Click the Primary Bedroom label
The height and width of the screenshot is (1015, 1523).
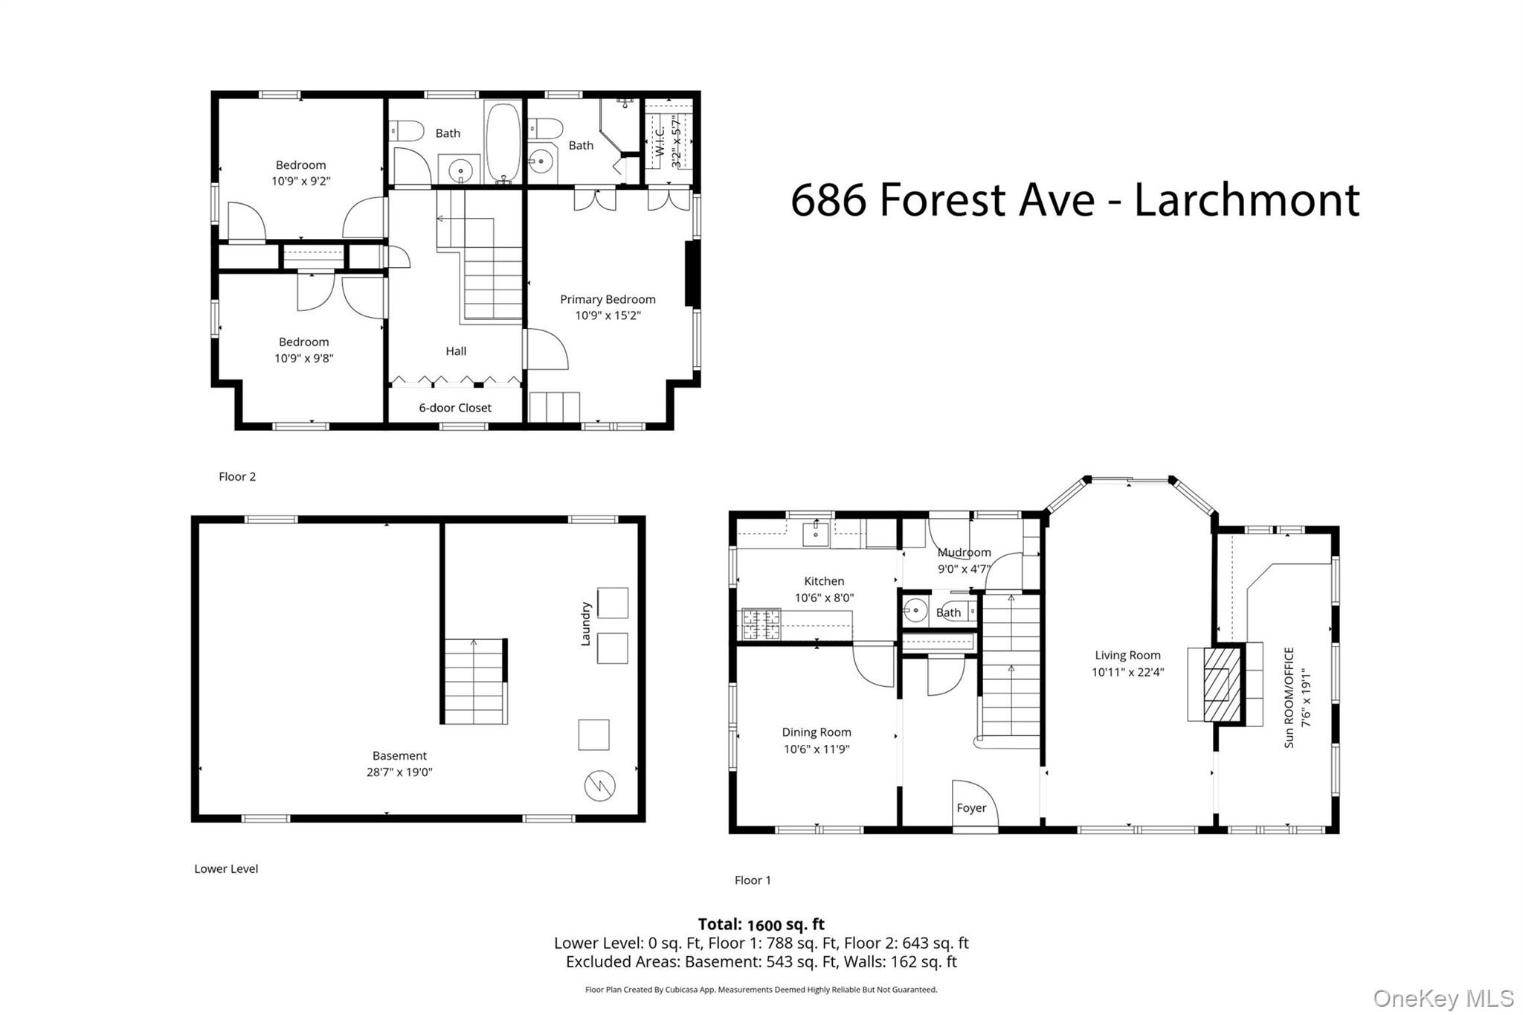(608, 299)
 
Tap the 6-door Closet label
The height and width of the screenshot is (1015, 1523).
(455, 408)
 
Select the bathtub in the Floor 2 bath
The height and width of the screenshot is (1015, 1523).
(503, 142)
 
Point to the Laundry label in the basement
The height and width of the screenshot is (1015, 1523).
(585, 624)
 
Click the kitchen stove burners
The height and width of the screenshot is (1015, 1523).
(761, 624)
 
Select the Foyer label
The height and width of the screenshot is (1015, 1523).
(971, 807)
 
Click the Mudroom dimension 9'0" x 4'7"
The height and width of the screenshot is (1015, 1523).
(965, 569)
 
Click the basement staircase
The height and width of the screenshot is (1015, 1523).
(474, 682)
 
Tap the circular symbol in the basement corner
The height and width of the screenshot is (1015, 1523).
(599, 786)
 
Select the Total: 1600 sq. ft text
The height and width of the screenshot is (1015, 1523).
(761, 924)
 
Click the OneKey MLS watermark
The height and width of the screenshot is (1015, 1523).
(1443, 998)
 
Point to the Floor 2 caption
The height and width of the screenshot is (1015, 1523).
(237, 476)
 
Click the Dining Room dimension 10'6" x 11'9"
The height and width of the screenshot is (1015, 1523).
(817, 749)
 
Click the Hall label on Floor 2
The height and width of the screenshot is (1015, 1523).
(456, 351)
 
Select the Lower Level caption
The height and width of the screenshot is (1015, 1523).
(226, 868)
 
